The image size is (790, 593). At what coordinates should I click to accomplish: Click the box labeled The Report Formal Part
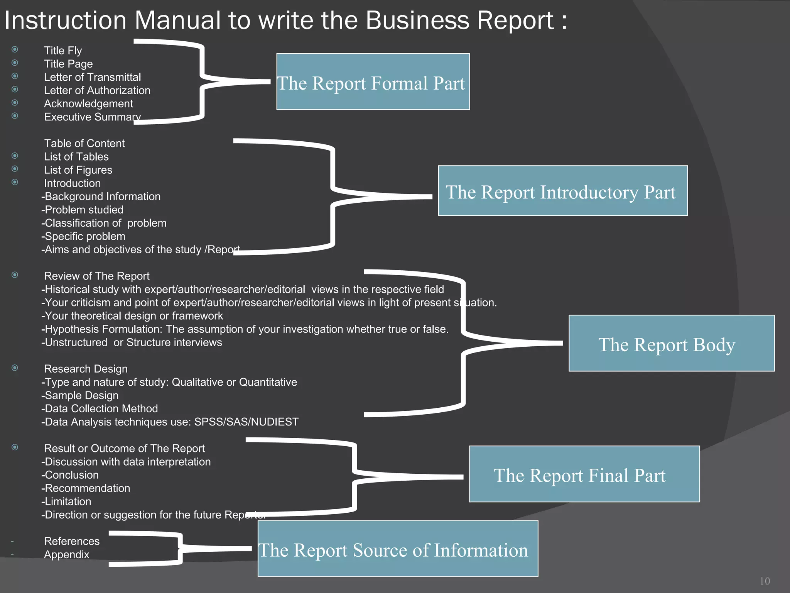tap(373, 82)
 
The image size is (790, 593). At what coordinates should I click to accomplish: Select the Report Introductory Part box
tap(562, 191)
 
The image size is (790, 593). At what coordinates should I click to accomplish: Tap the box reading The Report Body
tap(671, 343)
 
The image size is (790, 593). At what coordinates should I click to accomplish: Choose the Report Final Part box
tap(584, 474)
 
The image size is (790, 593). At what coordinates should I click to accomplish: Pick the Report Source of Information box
tap(397, 549)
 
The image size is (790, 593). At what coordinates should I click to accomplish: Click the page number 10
tap(765, 581)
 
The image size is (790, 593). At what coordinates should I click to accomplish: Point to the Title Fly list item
tap(63, 51)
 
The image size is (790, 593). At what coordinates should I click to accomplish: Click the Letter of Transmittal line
tap(92, 77)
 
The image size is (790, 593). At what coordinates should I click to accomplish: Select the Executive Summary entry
tap(92, 117)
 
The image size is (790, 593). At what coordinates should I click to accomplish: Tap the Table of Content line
tap(84, 144)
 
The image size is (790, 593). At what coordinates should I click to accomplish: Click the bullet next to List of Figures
tap(15, 169)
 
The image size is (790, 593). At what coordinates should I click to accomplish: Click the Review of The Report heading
tap(96, 276)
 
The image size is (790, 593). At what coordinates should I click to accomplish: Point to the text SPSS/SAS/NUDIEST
tap(246, 422)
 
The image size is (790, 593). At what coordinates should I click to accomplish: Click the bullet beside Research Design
tap(15, 368)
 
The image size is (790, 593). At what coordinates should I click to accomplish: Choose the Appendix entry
tap(66, 555)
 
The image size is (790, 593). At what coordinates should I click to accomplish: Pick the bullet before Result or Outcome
tap(15, 447)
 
